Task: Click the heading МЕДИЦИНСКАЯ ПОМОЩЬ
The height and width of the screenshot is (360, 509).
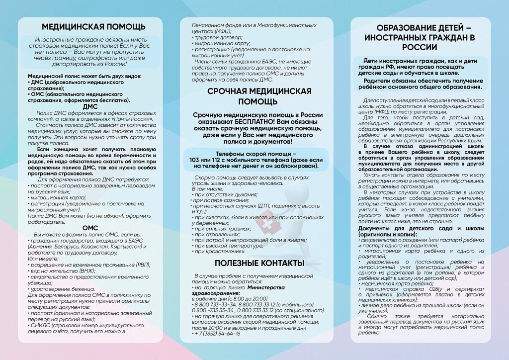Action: click(94, 26)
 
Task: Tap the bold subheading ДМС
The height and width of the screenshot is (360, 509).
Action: click(90, 106)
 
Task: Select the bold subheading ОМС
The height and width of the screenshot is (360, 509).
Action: click(90, 228)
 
